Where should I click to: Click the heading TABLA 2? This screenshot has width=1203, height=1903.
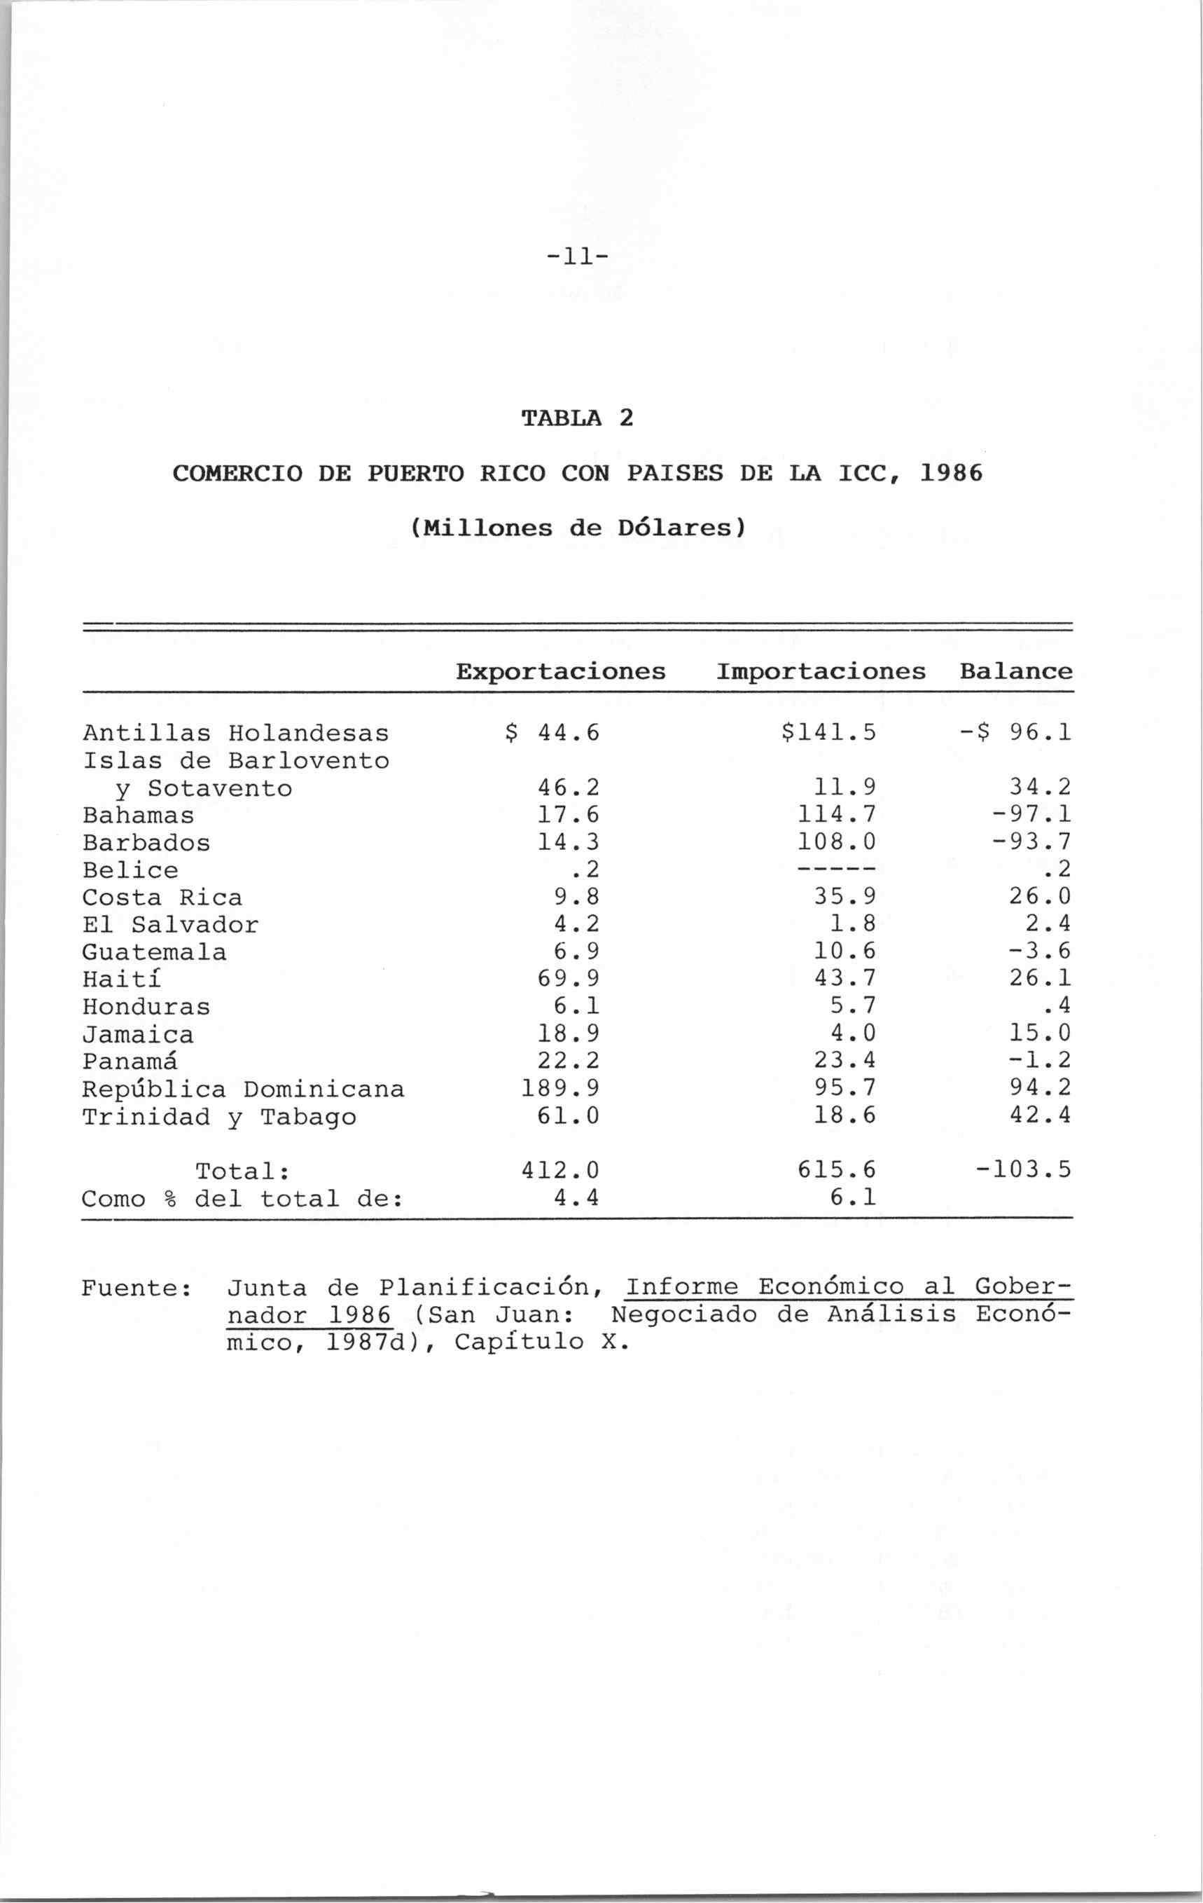(x=578, y=418)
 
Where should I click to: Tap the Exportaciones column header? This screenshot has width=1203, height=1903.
(x=561, y=672)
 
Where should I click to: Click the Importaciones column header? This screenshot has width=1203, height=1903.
(x=821, y=672)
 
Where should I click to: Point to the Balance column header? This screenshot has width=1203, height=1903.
(x=1016, y=672)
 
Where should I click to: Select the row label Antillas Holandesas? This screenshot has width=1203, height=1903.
(x=235, y=734)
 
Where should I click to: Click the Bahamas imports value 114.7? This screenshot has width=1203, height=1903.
(x=837, y=815)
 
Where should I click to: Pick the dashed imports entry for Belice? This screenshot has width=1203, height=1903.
(x=837, y=870)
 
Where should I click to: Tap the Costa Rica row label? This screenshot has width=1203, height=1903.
(x=162, y=898)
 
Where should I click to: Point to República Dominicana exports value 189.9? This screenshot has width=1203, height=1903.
(x=560, y=1089)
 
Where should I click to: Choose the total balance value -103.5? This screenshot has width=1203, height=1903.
(x=1023, y=1169)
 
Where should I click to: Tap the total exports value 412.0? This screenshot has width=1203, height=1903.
(x=560, y=1169)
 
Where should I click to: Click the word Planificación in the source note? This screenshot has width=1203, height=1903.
(x=483, y=1289)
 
